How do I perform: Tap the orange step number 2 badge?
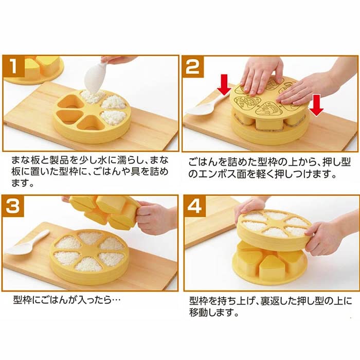point(194,67)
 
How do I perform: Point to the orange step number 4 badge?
point(194,207)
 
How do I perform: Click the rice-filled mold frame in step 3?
point(89,255)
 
